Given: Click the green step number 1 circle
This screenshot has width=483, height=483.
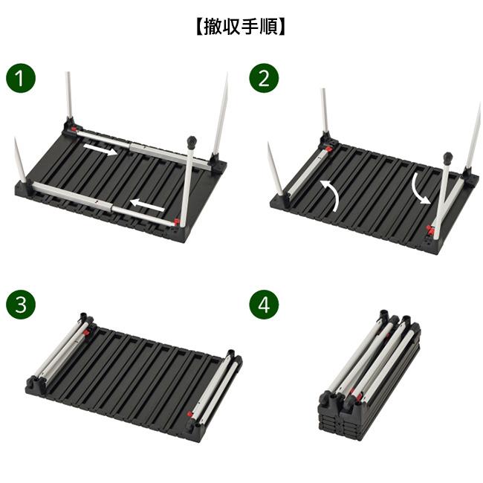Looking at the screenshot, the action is [x=21, y=78].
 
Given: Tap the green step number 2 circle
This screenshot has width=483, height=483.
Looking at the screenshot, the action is [x=264, y=78].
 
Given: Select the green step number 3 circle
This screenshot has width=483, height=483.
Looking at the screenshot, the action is [x=21, y=305].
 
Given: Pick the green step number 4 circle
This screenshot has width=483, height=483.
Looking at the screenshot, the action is [x=264, y=305].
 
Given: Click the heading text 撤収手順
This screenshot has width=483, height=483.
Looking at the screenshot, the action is [x=241, y=27].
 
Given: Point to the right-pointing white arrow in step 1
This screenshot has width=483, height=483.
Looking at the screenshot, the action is [x=100, y=149].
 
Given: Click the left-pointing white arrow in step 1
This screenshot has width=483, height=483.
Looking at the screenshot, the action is [x=147, y=205].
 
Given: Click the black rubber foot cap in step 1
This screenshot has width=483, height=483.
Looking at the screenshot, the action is [x=192, y=141].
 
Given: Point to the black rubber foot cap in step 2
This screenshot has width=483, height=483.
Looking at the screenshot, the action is [x=447, y=158].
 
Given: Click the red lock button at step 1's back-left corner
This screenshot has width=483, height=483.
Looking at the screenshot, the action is [x=74, y=129].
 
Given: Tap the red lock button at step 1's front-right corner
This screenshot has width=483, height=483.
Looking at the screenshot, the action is [x=177, y=221].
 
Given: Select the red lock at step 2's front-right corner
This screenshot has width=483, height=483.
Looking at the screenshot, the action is [x=430, y=230].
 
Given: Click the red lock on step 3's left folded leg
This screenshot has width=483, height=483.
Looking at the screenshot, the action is [x=88, y=332].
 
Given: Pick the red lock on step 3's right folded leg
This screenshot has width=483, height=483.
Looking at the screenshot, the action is [x=189, y=414].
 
